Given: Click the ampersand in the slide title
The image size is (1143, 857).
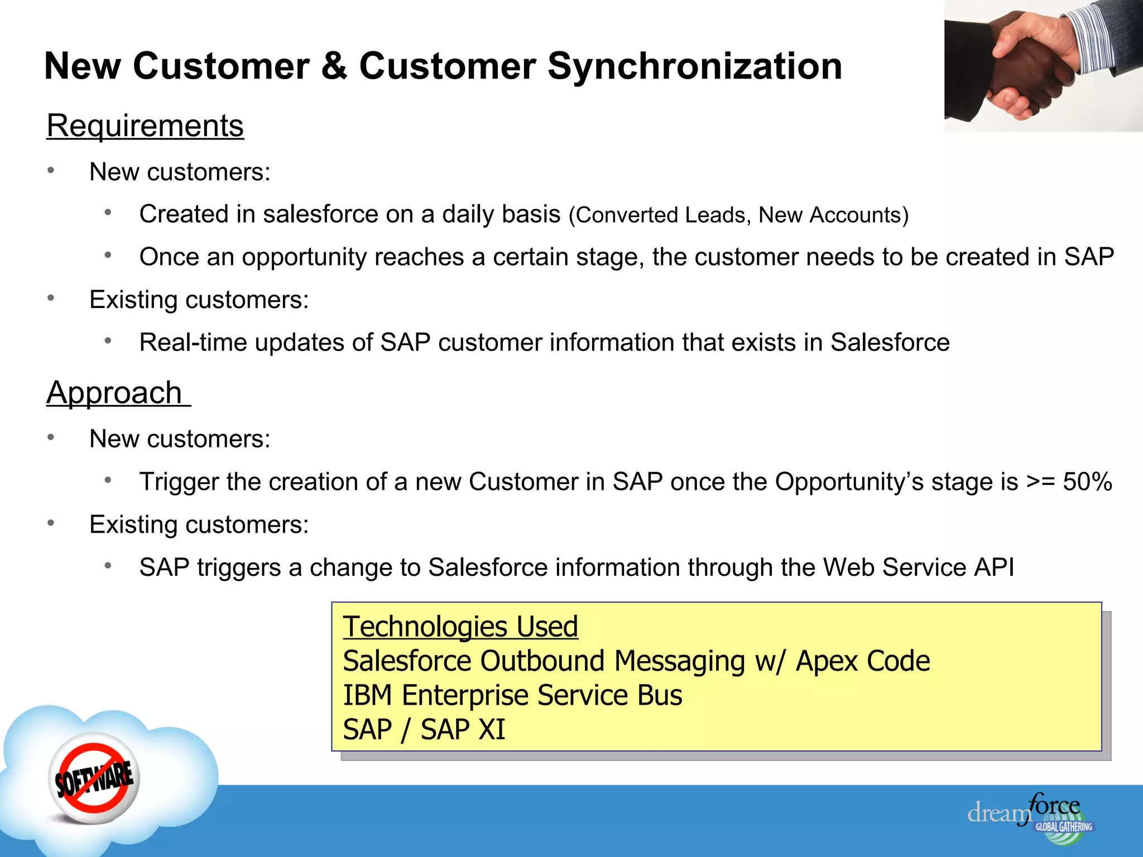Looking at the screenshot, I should click(334, 66).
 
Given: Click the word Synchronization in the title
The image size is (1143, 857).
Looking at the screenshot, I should click(694, 66).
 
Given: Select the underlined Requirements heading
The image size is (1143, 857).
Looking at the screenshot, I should click(145, 126).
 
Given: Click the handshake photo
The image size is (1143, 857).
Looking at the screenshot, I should click(1043, 66).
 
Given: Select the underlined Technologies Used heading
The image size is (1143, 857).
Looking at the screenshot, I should click(460, 627).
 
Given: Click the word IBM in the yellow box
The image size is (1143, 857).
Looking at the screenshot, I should click(367, 696).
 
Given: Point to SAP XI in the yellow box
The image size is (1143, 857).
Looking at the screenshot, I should click(463, 730).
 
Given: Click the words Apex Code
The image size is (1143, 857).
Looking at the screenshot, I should click(863, 662).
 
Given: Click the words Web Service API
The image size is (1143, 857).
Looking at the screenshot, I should click(918, 567).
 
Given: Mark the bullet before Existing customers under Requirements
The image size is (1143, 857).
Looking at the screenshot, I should click(51, 298).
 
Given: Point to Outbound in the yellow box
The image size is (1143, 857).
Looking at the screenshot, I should click(542, 662).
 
